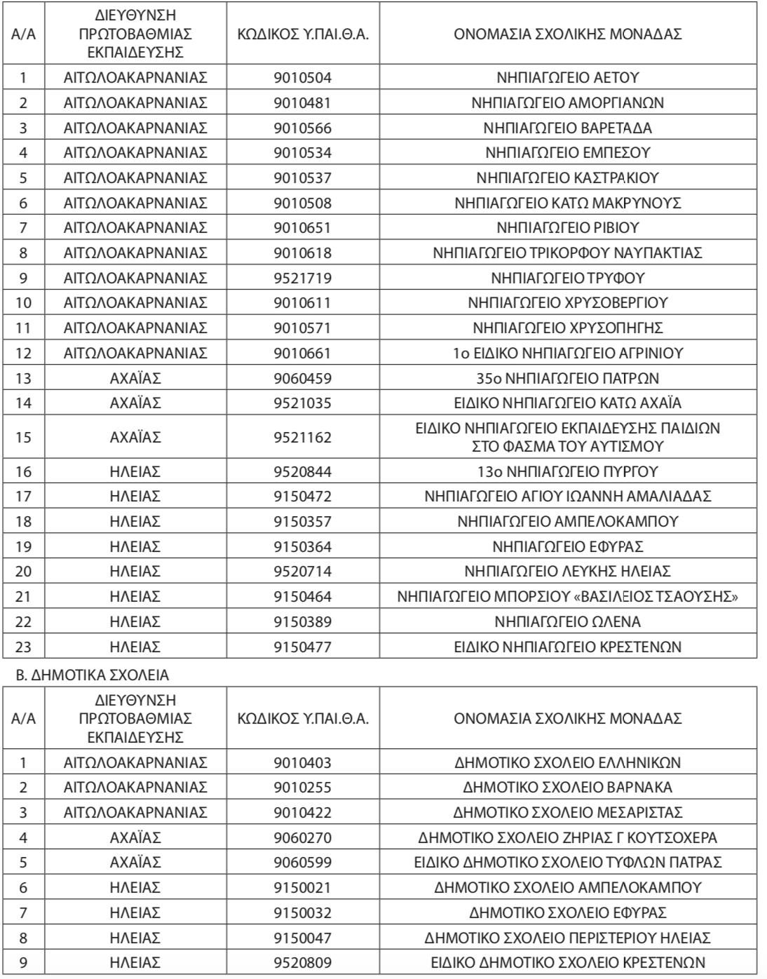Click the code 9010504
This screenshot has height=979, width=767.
pos(302,78)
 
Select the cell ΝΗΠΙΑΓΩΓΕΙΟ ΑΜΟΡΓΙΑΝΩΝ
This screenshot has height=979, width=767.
pos(567,103)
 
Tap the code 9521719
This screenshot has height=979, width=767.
pos(302,278)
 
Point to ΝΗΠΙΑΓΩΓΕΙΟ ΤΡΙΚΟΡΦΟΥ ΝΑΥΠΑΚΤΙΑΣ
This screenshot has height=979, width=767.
pos(567,253)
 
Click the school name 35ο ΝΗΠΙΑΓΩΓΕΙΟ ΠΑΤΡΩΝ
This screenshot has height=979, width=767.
pos(567,379)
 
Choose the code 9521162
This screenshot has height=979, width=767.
pos(302,438)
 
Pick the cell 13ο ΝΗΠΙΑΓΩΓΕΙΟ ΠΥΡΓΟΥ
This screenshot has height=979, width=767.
pos(567,472)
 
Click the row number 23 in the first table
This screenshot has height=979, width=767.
pos(23,647)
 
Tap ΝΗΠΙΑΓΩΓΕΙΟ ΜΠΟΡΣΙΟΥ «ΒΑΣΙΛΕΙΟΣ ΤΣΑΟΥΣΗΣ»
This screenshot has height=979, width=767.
pos(567,597)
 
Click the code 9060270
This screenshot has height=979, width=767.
pos(302,838)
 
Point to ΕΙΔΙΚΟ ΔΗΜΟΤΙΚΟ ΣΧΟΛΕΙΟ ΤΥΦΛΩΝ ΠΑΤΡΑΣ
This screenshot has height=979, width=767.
pos(567,863)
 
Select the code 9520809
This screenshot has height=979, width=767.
pos(302,963)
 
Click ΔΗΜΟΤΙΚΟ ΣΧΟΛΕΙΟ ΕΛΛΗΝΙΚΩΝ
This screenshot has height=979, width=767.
pos(567,763)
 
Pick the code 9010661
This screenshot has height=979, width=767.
pos(302,353)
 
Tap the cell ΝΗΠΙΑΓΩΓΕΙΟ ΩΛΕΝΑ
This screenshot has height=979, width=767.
pos(567,622)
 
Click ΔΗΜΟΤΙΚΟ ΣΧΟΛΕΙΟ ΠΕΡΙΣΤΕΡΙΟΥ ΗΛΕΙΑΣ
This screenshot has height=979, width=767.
pos(567,938)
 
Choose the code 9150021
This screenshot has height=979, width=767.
pos(302,888)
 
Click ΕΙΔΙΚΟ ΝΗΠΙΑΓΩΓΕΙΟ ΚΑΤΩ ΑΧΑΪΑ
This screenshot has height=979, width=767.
pos(567,403)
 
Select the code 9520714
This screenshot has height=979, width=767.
pos(302,572)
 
